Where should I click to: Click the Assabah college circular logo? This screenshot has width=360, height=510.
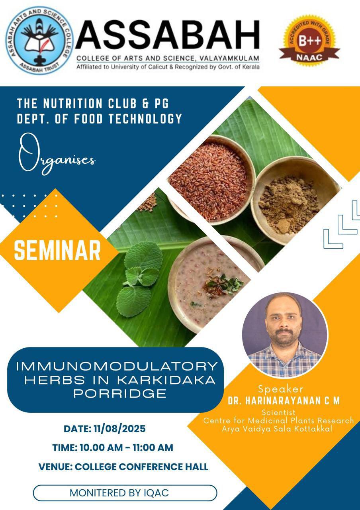(x=40, y=40)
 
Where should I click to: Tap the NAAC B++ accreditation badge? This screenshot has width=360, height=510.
(x=309, y=41)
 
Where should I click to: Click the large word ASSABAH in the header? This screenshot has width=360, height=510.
(x=168, y=34)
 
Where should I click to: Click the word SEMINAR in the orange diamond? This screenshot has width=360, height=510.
(x=57, y=251)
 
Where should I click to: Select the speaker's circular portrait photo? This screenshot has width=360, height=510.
(x=285, y=335)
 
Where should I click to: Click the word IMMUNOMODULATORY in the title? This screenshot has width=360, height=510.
(x=117, y=366)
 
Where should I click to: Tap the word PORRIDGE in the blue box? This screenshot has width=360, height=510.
(x=120, y=393)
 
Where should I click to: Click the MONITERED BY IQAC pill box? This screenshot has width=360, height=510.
(x=125, y=493)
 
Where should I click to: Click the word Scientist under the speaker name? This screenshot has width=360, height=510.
(x=278, y=419)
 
